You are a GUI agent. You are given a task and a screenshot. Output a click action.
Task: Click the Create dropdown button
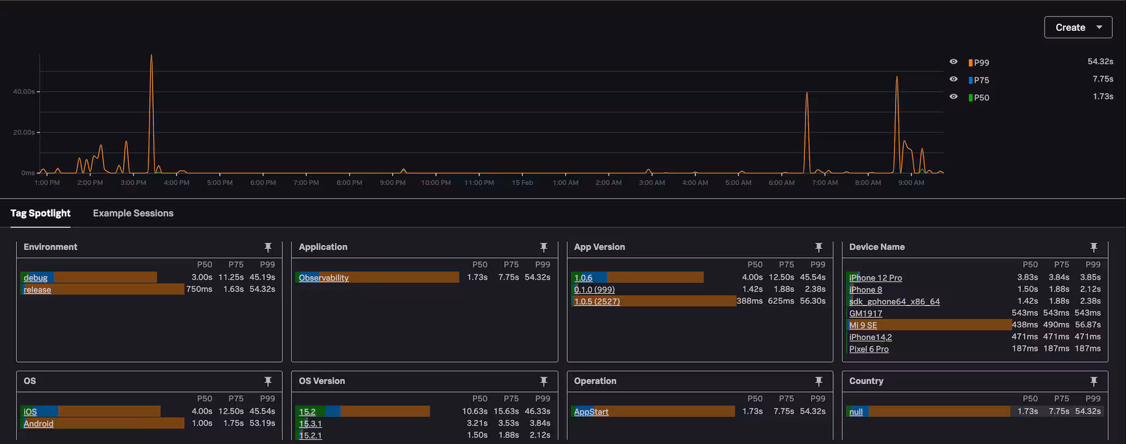pyautogui.click(x=1078, y=27)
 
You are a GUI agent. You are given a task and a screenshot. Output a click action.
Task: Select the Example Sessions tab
pyautogui.click(x=133, y=213)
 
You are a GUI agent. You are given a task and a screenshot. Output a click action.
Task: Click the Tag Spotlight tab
pyautogui.click(x=41, y=213)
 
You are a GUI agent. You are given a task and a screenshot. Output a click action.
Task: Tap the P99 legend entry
pyautogui.click(x=981, y=63)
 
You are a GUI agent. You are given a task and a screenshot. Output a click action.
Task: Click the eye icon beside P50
pyautogui.click(x=953, y=97)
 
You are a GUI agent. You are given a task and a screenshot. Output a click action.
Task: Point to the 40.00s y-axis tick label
pyautogui.click(x=24, y=91)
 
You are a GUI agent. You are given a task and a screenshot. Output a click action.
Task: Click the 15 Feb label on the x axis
pyautogui.click(x=522, y=182)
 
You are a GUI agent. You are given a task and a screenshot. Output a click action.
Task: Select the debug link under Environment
pyautogui.click(x=35, y=278)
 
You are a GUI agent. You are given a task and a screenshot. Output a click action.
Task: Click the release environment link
pyautogui.click(x=37, y=290)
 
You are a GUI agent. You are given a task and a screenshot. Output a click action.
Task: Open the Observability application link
pyautogui.click(x=323, y=278)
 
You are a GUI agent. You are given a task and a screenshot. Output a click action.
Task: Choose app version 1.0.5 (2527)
pyautogui.click(x=597, y=301)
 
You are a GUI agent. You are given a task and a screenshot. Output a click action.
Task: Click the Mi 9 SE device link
pyautogui.click(x=863, y=325)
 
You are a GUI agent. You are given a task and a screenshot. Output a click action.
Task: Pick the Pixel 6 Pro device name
pyautogui.click(x=869, y=349)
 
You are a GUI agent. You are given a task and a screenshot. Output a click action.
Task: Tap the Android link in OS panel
pyautogui.click(x=38, y=424)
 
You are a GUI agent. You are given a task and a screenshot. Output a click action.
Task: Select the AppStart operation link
pyautogui.click(x=591, y=412)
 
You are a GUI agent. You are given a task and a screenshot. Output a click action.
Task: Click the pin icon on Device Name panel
pyautogui.click(x=1094, y=247)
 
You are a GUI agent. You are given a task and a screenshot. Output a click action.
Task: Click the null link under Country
pyautogui.click(x=856, y=412)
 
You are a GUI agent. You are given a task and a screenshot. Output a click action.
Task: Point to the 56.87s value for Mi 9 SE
pyautogui.click(x=1088, y=325)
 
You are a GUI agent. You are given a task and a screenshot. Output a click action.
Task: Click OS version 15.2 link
pyautogui.click(x=307, y=412)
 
